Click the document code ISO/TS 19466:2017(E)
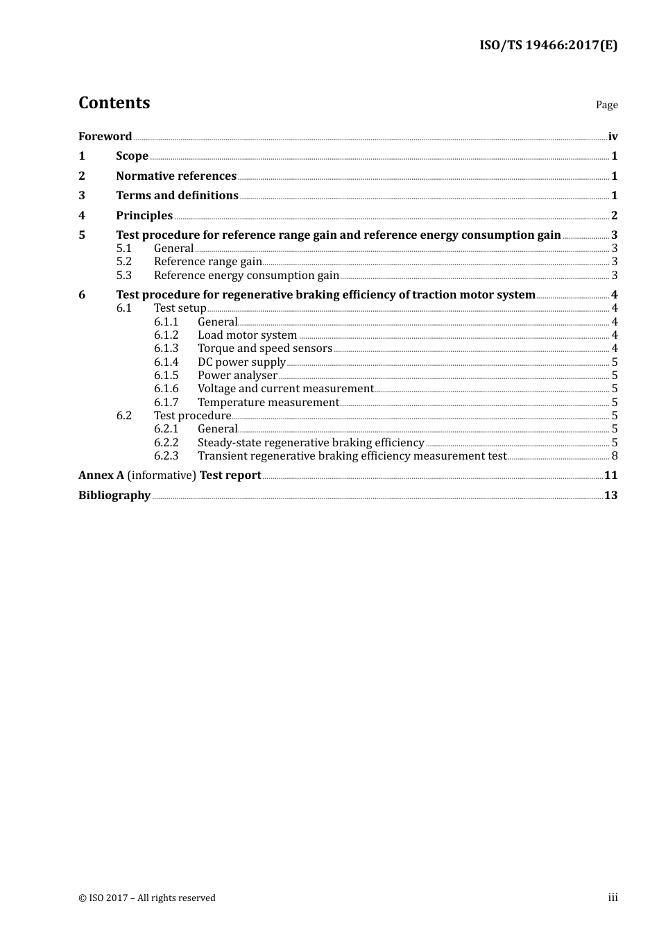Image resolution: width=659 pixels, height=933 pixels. tap(548, 46)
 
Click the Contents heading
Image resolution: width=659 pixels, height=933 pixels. tap(114, 103)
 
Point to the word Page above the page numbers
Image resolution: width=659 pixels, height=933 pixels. tap(606, 105)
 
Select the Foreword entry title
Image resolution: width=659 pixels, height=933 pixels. tap(105, 137)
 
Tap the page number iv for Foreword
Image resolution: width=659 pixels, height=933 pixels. tap(613, 137)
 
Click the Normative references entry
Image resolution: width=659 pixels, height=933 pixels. tap(176, 176)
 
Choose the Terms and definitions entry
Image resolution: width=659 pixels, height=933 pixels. tap(177, 196)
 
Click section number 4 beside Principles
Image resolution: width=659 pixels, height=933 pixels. tap(82, 216)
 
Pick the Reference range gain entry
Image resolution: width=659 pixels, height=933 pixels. tap(207, 262)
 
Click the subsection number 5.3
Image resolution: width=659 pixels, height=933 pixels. tap(123, 276)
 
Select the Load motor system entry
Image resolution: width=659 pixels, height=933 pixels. tap(247, 335)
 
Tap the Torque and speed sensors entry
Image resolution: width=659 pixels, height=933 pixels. tap(264, 348)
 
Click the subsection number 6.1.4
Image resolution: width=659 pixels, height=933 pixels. tap(166, 362)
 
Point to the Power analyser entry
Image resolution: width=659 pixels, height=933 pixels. tap(237, 376)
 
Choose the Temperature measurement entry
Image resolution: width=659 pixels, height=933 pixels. tap(268, 403)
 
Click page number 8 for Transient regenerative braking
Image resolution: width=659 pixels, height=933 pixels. tap(615, 456)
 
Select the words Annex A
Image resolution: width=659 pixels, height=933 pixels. tap(101, 476)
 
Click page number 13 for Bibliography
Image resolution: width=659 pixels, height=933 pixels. tap(610, 496)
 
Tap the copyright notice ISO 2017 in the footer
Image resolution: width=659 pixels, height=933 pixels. tap(147, 898)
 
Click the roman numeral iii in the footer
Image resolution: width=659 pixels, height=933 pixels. tap(613, 898)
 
